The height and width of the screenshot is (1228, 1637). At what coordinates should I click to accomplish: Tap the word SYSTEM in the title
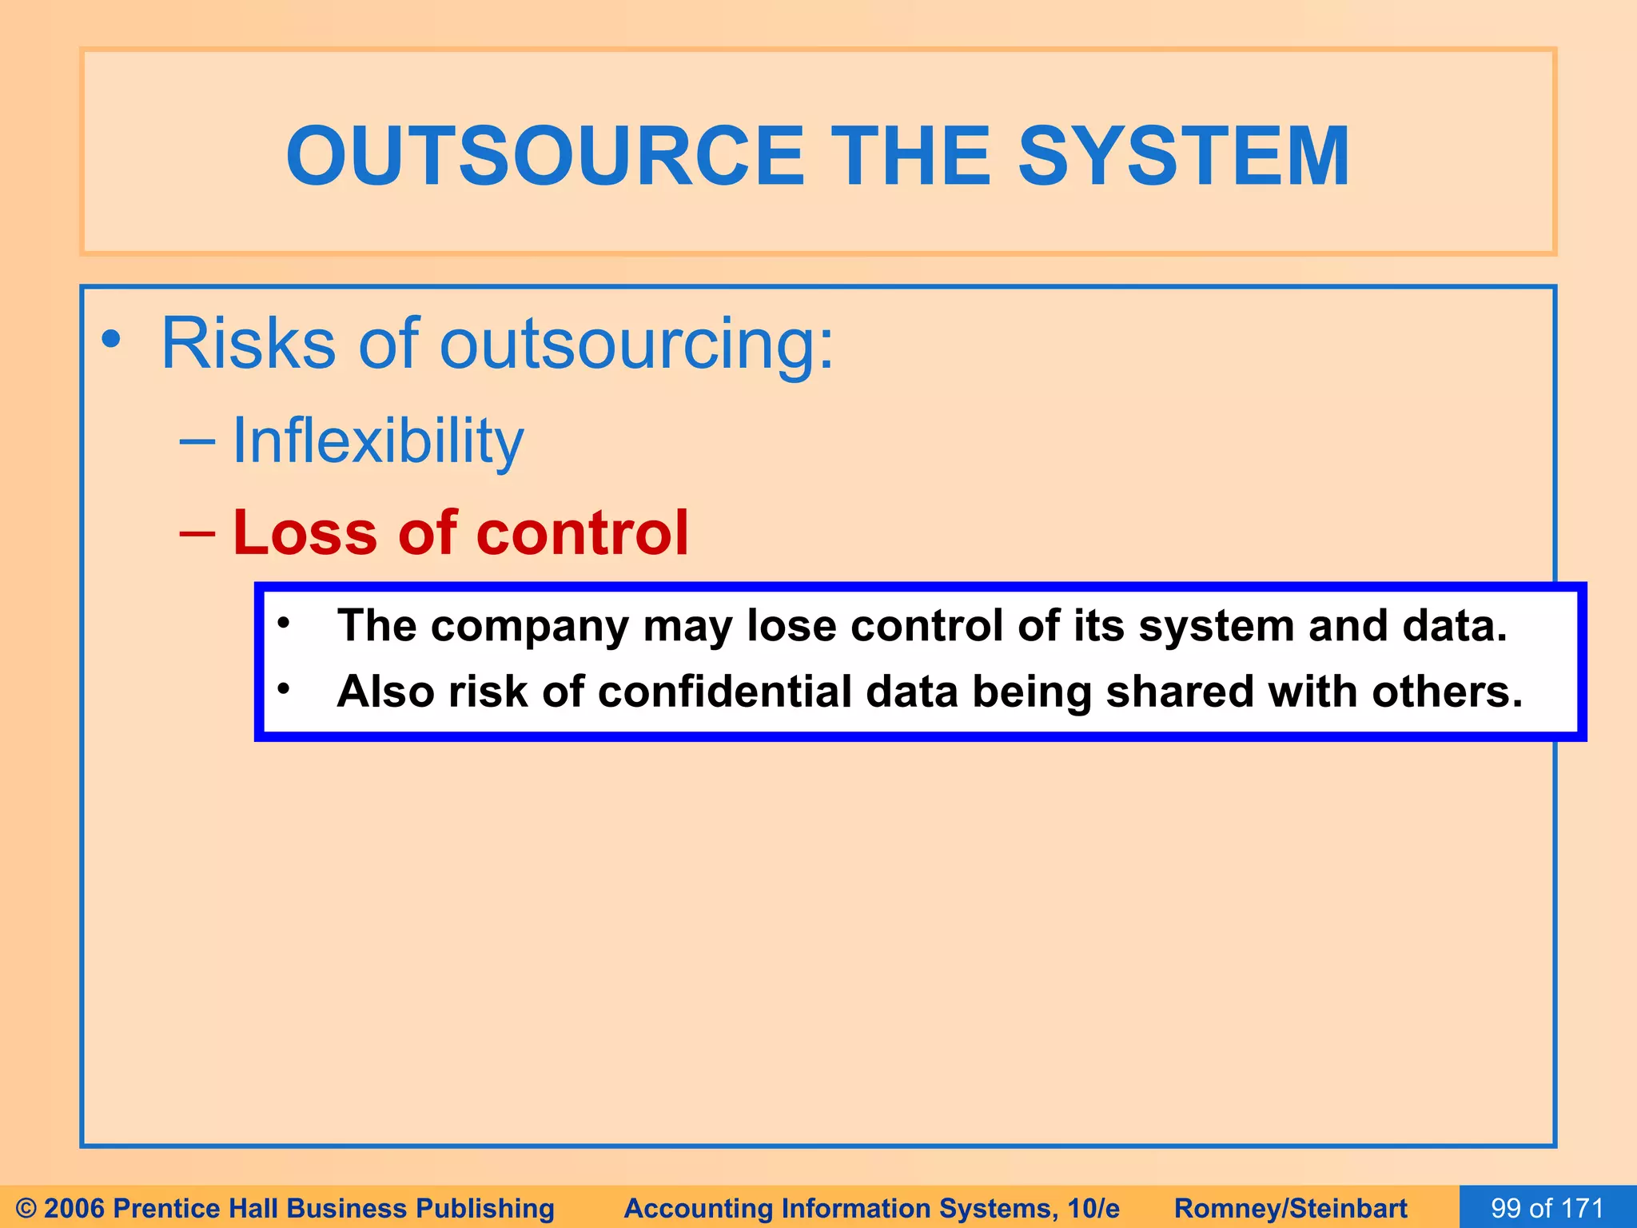coord(1183,157)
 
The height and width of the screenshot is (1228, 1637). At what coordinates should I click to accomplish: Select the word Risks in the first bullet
coord(248,344)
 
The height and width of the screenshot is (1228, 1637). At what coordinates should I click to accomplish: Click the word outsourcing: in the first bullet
coord(636,344)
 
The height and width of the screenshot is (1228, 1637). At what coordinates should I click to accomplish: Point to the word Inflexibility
coord(377,441)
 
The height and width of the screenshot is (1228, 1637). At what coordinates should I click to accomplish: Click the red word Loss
coord(305,532)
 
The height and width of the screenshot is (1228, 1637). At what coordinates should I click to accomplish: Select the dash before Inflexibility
coord(197,441)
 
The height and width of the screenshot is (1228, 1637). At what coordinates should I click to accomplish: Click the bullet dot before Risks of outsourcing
coord(111,340)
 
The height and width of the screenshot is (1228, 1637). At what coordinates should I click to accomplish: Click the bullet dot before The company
coord(283,622)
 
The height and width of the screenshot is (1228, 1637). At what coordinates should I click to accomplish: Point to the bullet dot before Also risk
coord(283,688)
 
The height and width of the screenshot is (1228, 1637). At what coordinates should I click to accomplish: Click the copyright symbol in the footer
coord(26,1208)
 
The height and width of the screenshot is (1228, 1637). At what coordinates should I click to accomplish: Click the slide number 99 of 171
coord(1547,1208)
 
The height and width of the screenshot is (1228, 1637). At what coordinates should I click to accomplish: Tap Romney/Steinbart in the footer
coord(1290,1208)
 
